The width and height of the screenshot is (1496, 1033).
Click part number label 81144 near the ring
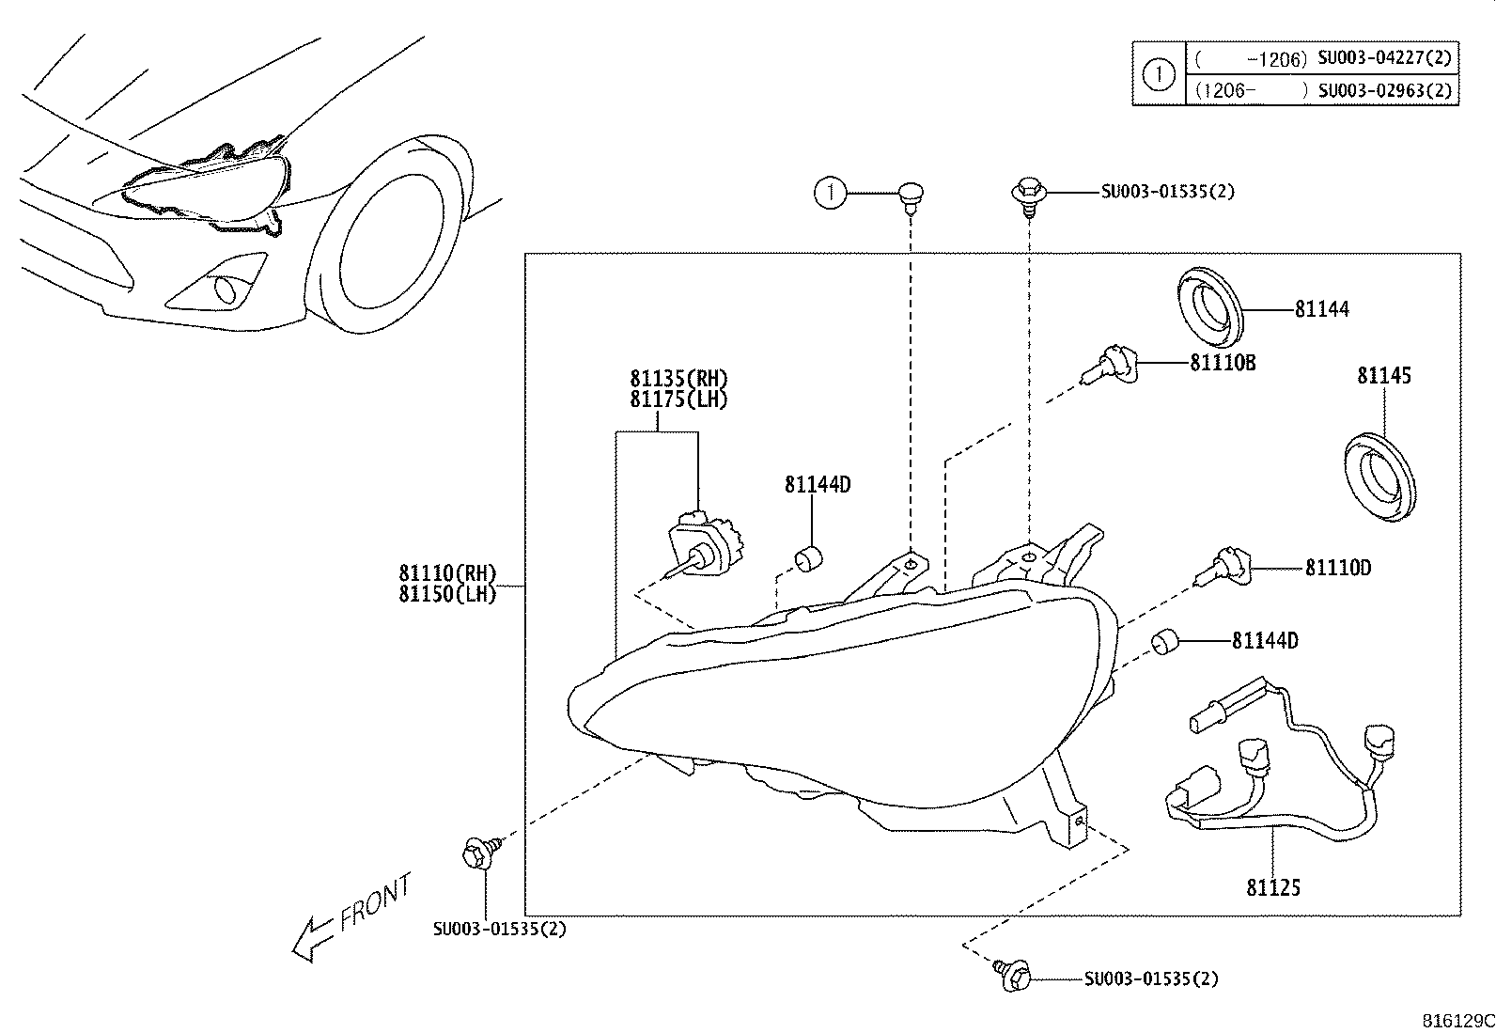coord(1321,308)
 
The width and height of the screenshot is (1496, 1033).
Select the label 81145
coord(1383,375)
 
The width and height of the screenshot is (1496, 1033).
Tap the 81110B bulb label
coord(1223,362)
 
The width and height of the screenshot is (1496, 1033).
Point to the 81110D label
coord(1337,568)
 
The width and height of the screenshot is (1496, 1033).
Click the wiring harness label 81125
coord(1273,887)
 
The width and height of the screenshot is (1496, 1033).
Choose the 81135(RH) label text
coord(678,378)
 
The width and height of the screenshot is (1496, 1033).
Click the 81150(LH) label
coord(446,594)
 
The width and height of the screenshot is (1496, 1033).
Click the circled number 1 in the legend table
coord(1159,73)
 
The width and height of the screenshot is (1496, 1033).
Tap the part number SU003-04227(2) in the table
coord(1384,58)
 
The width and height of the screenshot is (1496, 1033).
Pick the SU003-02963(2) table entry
coord(1384,90)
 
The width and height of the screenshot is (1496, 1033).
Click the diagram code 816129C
coord(1457,1021)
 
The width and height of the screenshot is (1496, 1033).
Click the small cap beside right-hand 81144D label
coord(1165,643)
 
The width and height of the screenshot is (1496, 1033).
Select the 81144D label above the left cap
coord(818,485)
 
